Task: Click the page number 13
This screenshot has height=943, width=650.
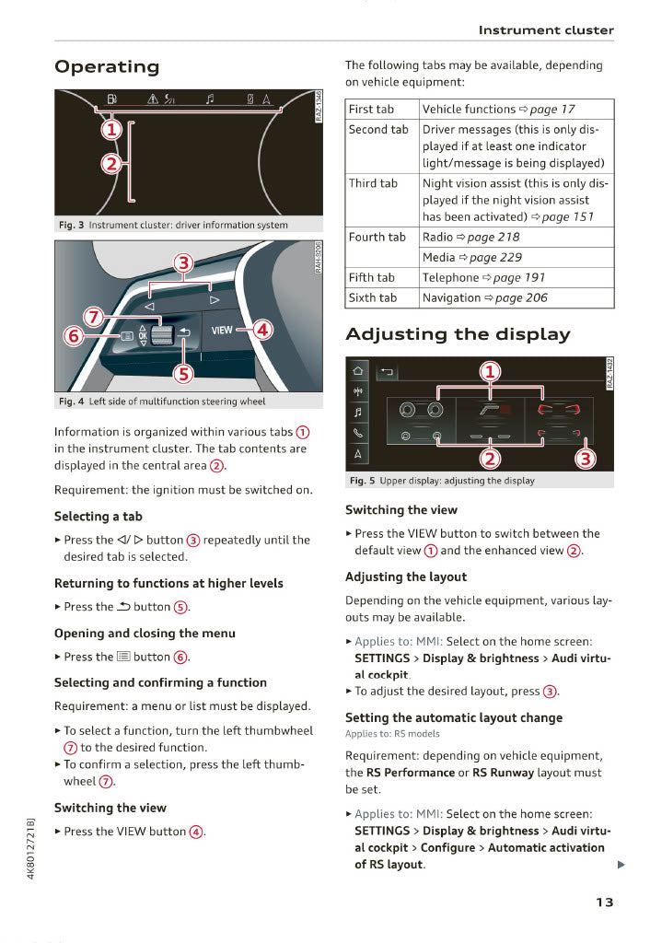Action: click(603, 902)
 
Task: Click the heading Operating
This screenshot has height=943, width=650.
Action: click(107, 66)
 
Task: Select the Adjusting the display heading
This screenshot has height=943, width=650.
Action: click(458, 333)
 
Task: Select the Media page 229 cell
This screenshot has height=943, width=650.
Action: click(472, 257)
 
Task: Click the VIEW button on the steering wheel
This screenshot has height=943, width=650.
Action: click(222, 330)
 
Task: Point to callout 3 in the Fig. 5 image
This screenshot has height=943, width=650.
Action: click(586, 460)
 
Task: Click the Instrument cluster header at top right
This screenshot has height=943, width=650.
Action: click(545, 30)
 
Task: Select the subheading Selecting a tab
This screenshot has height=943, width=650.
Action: click(99, 517)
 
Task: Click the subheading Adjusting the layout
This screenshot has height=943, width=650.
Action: click(406, 576)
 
